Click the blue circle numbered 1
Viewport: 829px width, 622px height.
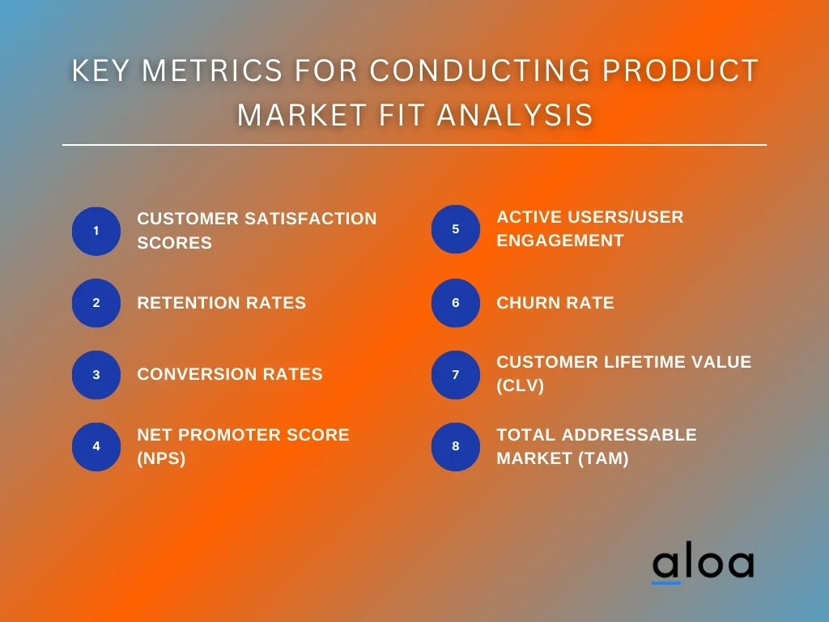96,231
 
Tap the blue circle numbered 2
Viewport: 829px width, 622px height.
96,303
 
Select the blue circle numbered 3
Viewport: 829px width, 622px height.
96,375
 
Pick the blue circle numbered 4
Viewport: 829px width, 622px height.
96,447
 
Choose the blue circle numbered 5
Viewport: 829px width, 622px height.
456,229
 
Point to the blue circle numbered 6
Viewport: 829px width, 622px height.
456,303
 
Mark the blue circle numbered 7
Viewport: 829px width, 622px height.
456,375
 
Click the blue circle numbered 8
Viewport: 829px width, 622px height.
456,447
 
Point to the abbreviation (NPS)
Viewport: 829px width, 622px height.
161,458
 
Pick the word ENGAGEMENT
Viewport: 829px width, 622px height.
560,241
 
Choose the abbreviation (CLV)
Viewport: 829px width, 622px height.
521,385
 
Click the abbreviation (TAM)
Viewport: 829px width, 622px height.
603,458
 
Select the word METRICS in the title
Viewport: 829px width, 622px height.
212,70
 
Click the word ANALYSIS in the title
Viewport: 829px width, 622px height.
515,115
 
